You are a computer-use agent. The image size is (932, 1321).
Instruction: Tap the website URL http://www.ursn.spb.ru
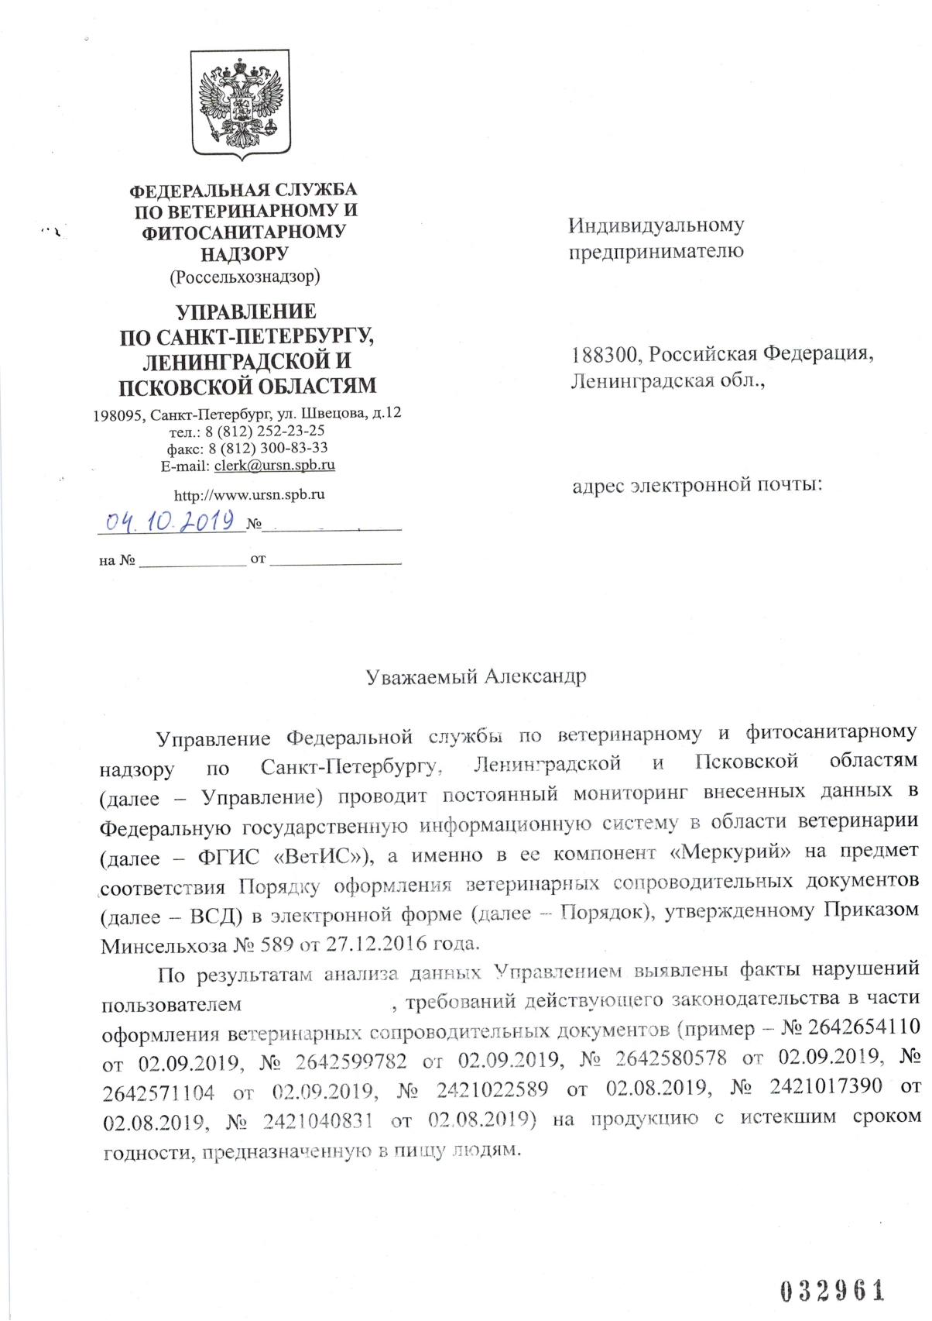tap(249, 494)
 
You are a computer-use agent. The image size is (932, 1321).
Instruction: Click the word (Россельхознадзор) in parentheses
tap(245, 276)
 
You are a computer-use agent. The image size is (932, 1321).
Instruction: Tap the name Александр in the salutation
tap(535, 676)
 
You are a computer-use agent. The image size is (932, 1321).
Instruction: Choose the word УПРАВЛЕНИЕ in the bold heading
tap(246, 312)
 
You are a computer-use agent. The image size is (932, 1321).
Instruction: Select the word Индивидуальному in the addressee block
tap(656, 225)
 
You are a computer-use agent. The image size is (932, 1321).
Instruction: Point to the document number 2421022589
tap(492, 1089)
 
